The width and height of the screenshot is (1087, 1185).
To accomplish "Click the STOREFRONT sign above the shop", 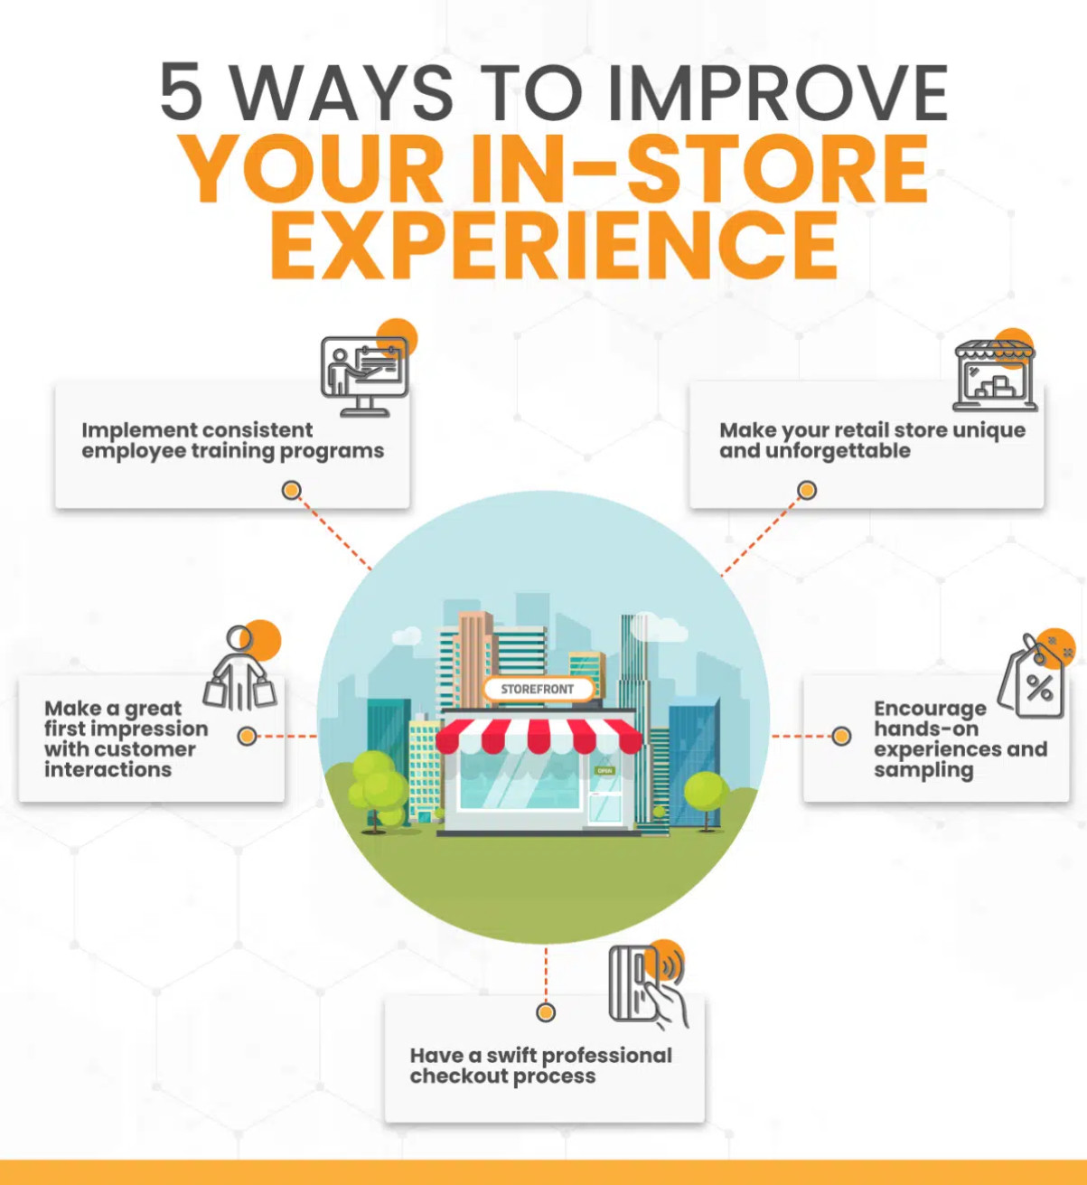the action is [539, 689].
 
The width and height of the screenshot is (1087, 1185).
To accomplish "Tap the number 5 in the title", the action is [181, 92].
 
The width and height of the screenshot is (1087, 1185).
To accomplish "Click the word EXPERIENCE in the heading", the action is [554, 245].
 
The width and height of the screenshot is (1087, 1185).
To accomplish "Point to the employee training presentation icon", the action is [365, 376].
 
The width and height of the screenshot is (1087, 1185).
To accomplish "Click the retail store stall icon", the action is [996, 376].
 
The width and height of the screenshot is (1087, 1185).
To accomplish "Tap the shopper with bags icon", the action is [239, 667].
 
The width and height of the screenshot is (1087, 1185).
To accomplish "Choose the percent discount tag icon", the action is [1032, 676].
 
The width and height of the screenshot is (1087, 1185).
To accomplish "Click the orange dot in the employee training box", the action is [291, 490].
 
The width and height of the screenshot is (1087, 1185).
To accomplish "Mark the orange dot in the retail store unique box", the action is [807, 490].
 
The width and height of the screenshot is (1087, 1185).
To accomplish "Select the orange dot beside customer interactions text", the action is [247, 736].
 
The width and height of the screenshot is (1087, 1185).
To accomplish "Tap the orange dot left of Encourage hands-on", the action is [841, 736].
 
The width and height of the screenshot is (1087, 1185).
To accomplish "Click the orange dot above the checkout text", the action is [546, 1012].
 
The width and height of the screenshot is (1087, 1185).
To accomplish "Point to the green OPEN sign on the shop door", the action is [604, 770].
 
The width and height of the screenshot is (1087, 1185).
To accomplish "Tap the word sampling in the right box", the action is [923, 771].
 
